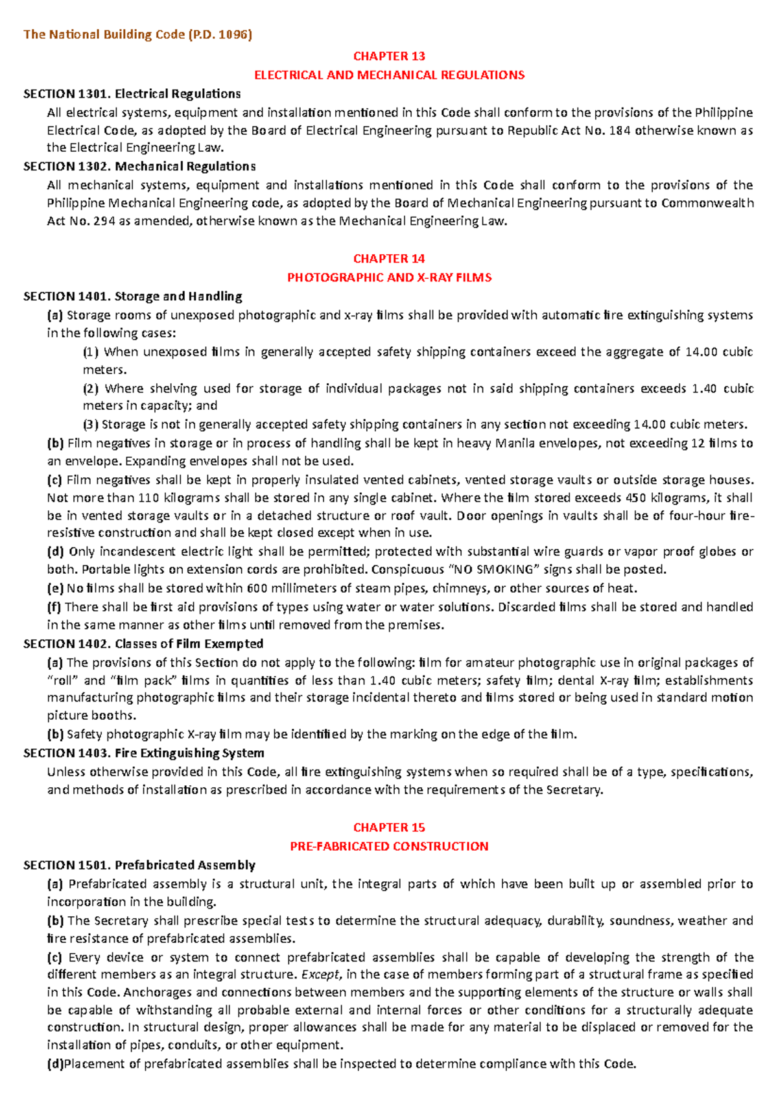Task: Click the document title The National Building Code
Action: pyautogui.click(x=137, y=34)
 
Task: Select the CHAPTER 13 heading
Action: pyautogui.click(x=389, y=56)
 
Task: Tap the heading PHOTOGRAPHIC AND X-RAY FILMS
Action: pyautogui.click(x=389, y=278)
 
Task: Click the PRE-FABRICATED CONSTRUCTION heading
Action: pyautogui.click(x=389, y=846)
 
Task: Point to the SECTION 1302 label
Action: pyautogui.click(x=67, y=167)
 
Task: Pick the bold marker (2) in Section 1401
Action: pyautogui.click(x=91, y=388)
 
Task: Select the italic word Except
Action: pyautogui.click(x=320, y=974)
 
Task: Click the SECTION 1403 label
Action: pyautogui.click(x=67, y=753)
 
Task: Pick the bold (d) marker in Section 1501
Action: pyautogui.click(x=55, y=1063)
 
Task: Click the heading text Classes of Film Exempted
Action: pyautogui.click(x=189, y=644)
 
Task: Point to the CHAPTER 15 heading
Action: pyautogui.click(x=389, y=827)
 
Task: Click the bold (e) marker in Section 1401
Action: pyautogui.click(x=55, y=588)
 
